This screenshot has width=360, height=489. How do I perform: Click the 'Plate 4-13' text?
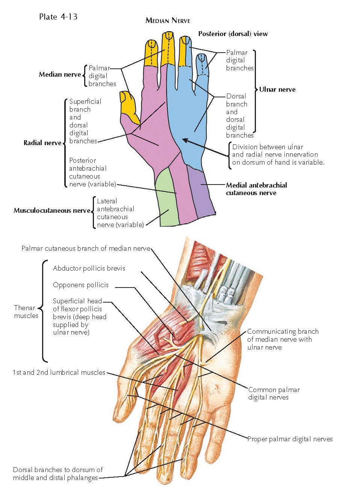point(58,17)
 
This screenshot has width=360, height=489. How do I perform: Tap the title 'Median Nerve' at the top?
point(168,21)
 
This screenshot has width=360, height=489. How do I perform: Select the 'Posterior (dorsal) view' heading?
point(233,34)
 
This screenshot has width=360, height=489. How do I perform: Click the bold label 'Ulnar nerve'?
point(277,89)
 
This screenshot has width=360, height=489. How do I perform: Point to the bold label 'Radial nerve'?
point(42,143)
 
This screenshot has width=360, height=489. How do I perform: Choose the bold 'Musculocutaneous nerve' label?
point(52,210)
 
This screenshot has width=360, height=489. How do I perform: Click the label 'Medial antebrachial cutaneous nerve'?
point(256,189)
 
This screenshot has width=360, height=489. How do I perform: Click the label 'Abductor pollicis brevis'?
point(89,268)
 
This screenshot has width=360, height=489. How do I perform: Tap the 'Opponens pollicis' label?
point(81,285)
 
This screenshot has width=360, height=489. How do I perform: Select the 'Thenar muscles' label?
point(26,312)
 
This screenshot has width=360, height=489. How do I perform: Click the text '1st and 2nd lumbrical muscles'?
point(59,372)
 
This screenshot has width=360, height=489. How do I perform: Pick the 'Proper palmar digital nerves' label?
point(290,439)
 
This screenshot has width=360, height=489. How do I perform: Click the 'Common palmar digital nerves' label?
point(274,394)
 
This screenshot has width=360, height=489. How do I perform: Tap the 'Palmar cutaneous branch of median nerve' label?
point(86,248)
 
